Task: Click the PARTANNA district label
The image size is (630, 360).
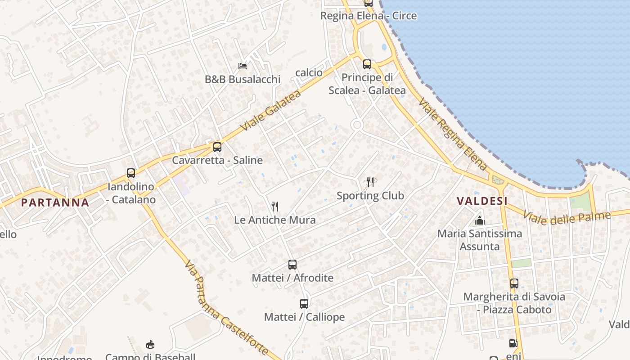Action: tap(55, 202)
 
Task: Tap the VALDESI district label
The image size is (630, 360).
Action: tap(482, 201)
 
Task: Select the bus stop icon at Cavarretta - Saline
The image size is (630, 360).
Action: tap(217, 147)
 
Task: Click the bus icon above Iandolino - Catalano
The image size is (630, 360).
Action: tap(131, 173)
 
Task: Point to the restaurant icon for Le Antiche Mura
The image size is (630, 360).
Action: tap(275, 207)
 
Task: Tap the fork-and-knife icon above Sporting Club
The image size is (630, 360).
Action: tap(370, 182)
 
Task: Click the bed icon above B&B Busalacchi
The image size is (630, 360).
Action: tap(243, 66)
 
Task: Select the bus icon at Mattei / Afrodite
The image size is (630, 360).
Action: tap(292, 264)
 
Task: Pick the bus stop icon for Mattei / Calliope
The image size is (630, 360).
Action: tap(304, 303)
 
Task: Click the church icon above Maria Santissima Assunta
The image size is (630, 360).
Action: tap(480, 220)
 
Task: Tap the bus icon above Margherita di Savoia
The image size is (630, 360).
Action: tap(514, 283)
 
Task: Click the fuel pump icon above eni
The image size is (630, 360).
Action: tap(513, 343)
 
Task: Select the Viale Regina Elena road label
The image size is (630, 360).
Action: tap(453, 135)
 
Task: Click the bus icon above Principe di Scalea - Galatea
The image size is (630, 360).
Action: tap(367, 64)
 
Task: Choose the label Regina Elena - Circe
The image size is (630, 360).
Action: tap(368, 16)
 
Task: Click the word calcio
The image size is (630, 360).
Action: tap(309, 72)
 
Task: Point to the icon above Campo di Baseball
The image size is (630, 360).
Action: tap(150, 345)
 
